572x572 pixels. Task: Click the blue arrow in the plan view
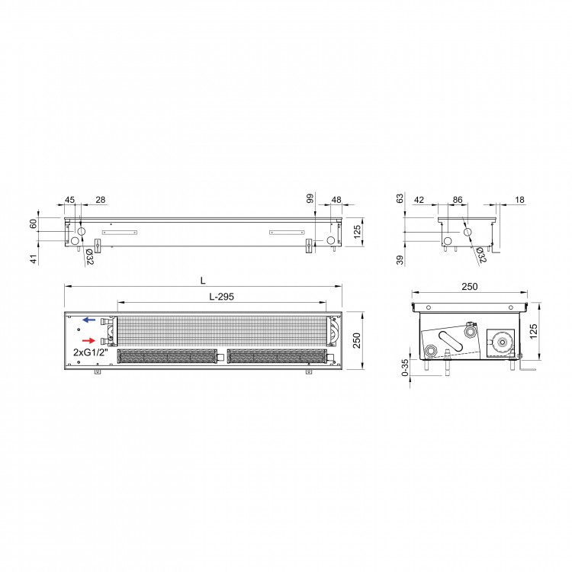click(88, 320)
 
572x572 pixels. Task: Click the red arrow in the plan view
click(88, 341)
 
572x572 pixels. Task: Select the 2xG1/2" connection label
click(91, 352)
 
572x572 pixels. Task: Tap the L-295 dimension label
click(221, 297)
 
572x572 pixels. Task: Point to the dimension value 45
click(69, 200)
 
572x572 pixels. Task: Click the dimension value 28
click(101, 200)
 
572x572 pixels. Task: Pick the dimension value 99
click(310, 198)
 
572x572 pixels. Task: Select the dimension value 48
click(336, 200)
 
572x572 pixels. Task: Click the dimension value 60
click(34, 223)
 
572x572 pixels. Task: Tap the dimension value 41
click(34, 259)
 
